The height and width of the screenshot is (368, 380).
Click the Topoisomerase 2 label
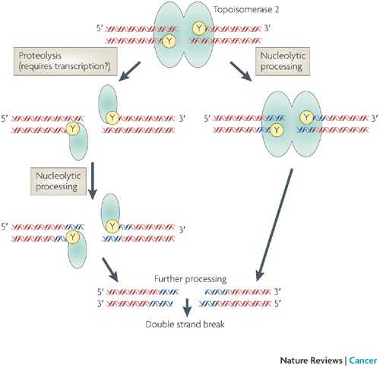246,10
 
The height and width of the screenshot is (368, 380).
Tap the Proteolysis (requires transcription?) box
65,62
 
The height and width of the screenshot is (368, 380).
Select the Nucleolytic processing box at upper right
283,62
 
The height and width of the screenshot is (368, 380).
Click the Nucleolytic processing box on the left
59,181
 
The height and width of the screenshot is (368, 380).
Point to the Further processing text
190,279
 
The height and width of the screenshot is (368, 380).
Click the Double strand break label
185,324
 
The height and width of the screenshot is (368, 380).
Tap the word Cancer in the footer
363,360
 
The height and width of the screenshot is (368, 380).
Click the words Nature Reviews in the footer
311,360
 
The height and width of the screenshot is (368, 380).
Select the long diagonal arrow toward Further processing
274,225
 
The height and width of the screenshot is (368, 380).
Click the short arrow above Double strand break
187,307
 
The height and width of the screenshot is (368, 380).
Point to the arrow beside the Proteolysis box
129,71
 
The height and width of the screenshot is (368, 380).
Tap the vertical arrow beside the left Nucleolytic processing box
93,181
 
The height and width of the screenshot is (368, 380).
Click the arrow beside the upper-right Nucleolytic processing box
241,71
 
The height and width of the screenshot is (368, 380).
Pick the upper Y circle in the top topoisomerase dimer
199,28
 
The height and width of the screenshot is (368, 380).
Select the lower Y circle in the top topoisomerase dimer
169,41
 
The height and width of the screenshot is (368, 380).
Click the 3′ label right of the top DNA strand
268,28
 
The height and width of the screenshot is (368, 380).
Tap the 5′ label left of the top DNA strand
100,28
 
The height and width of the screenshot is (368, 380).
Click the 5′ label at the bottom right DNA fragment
278,303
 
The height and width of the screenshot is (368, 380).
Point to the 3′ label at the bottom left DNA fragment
100,303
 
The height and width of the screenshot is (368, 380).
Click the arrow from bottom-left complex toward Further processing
110,270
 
